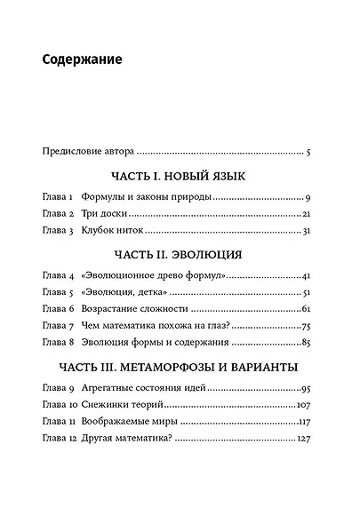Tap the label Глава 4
(58, 275)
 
